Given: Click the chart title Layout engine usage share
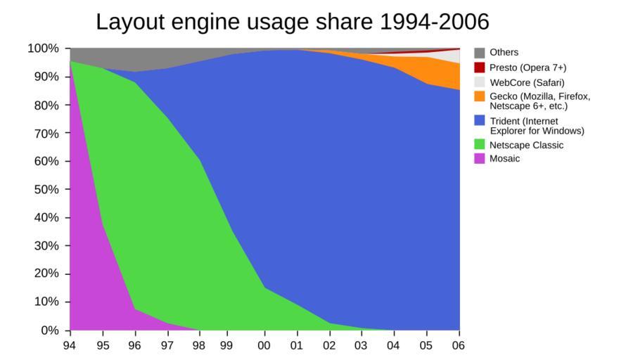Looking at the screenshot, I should pos(292,22).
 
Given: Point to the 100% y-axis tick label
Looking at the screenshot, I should pos(42,49).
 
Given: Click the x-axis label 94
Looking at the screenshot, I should pos(70,345).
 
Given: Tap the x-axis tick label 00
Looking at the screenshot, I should pos(265,345).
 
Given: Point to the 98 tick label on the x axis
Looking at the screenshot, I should pos(200,345).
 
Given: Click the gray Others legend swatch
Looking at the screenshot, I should pos(480,53).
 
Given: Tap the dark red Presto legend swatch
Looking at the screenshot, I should pos(480,67).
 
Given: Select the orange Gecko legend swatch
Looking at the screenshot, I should pos(480,96).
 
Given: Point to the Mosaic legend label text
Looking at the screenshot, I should pos(505,159).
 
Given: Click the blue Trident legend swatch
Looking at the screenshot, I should pos(480,121).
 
